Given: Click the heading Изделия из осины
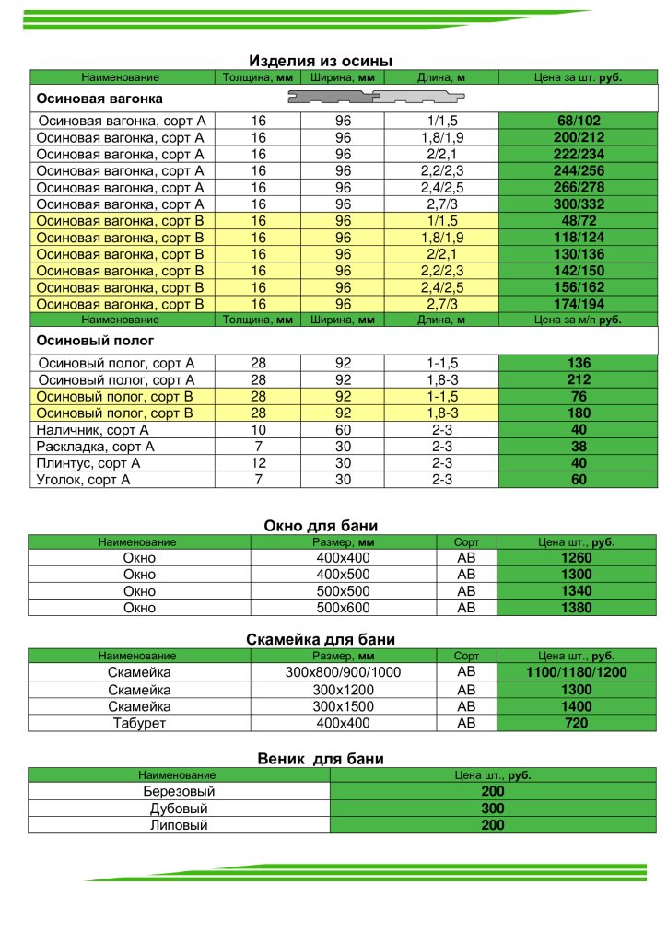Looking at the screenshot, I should [321, 61].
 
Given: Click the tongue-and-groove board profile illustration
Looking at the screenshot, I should [379, 97].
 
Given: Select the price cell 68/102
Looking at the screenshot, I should [578, 122].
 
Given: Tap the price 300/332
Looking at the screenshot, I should [578, 204].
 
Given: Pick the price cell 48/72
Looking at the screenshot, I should [578, 222].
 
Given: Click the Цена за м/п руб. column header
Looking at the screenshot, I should [578, 320].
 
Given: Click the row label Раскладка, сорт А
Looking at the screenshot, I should [95, 447].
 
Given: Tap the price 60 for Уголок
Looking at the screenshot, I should [578, 480].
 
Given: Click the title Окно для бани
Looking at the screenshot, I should [321, 526].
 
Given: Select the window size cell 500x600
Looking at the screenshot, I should [344, 608].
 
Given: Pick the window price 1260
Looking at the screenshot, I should [576, 558].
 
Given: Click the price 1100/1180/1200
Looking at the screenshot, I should [576, 673].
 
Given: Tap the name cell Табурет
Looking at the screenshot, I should [139, 723].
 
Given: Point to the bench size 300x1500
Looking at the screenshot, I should [344, 706].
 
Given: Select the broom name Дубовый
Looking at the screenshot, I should [179, 809].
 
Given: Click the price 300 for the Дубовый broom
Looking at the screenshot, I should [493, 809].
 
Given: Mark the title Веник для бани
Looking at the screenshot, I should [321, 759].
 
